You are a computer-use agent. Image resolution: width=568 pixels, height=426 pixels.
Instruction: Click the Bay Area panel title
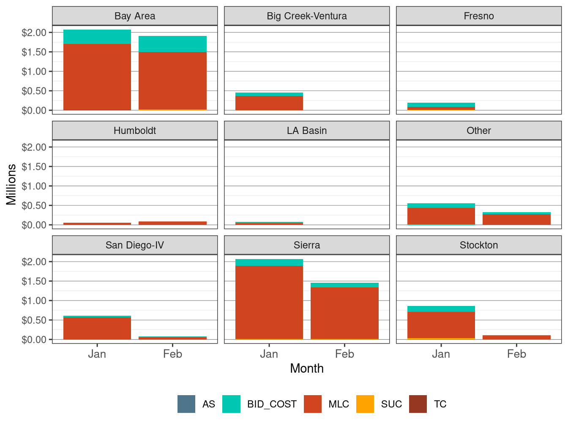coord(134,16)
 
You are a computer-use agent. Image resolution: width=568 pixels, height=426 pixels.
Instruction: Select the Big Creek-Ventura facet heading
coord(306,16)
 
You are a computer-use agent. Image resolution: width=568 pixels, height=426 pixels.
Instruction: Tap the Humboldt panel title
coord(134,131)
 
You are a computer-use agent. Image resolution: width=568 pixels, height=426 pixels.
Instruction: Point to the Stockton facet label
coord(478,245)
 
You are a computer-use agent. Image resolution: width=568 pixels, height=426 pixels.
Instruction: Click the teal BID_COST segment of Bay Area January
coord(97,37)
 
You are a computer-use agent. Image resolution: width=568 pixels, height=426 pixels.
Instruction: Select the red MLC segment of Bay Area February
coord(172,80)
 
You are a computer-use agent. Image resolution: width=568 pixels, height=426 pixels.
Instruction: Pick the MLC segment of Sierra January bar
coord(269,302)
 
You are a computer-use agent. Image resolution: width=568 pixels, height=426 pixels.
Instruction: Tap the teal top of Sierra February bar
coord(344,285)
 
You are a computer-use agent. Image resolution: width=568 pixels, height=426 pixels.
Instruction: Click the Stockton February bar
coord(516,337)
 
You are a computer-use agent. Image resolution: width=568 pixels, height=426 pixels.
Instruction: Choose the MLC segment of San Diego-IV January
coord(97,328)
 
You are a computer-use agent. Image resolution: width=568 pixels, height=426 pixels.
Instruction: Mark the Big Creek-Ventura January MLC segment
coord(269,103)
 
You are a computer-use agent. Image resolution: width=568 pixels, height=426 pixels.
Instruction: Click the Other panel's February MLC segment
coord(516,219)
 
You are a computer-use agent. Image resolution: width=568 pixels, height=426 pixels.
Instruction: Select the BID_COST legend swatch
coord(231,404)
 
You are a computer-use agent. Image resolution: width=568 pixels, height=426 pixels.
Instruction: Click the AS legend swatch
coord(186,404)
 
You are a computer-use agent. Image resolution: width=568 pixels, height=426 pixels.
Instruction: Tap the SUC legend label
coord(391,404)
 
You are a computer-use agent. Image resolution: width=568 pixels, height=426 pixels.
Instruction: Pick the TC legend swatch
coord(418,404)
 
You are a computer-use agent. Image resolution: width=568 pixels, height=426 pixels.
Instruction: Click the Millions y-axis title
coord(11,184)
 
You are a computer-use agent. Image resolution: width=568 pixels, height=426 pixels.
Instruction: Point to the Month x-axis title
coord(306,369)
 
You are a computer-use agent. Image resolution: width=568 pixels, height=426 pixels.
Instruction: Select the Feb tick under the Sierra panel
coord(344,354)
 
